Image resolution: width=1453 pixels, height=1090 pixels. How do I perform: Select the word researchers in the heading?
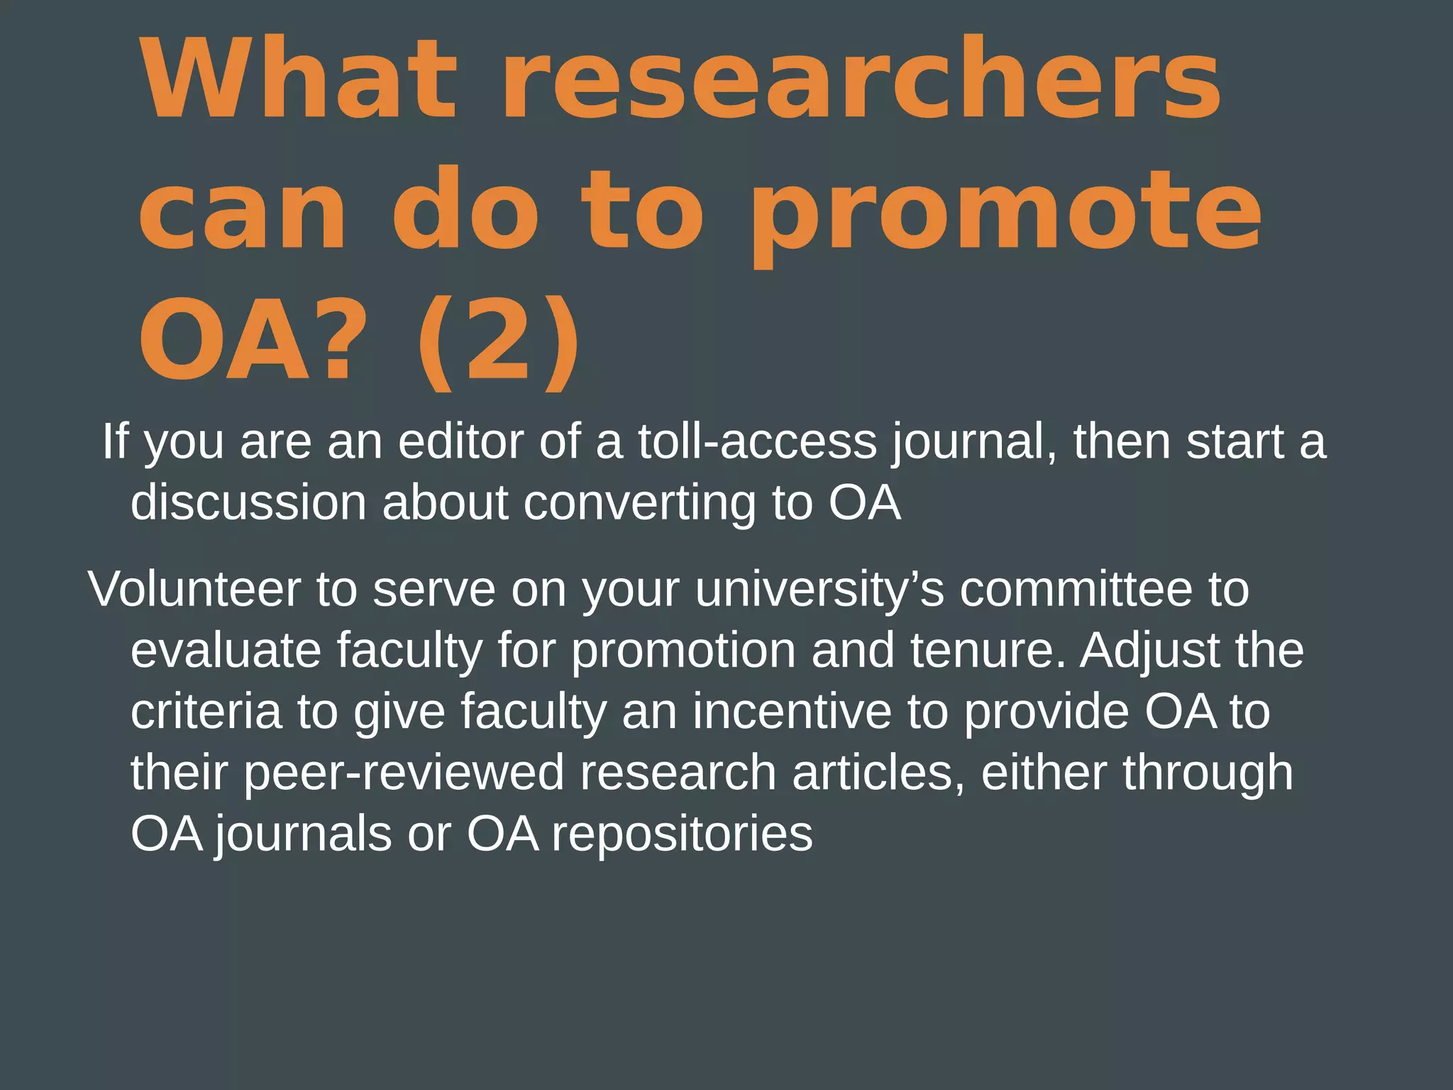(x=861, y=78)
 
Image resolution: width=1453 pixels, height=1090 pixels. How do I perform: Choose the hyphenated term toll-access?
(x=757, y=441)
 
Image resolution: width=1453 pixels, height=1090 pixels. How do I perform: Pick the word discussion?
(x=248, y=502)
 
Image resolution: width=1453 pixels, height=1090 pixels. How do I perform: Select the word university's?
(x=819, y=590)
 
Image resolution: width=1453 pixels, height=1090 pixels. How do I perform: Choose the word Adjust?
(x=1149, y=651)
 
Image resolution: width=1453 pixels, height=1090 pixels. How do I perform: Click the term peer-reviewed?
(x=404, y=774)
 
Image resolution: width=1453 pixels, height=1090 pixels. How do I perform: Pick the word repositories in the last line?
(x=682, y=835)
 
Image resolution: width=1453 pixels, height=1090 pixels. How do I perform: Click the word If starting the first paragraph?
(x=116, y=441)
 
